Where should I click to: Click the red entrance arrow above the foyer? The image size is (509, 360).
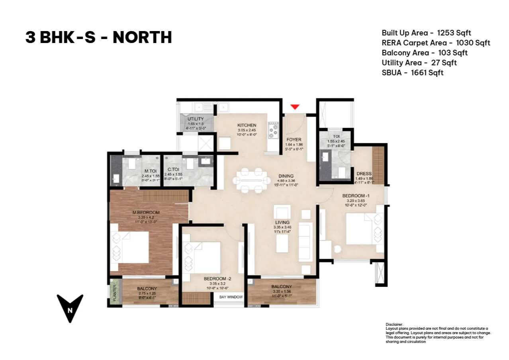295,107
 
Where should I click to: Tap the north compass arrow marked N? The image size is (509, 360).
70,307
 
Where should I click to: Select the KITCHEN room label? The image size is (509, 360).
247,125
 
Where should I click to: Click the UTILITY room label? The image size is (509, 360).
196,119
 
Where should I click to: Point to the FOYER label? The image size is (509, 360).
294,140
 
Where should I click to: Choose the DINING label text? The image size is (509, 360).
286,176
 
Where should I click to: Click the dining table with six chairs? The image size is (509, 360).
250,180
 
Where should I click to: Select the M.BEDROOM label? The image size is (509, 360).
146,212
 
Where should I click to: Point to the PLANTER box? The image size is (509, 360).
114,292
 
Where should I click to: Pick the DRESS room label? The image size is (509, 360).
364,174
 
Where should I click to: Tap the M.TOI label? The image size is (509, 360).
150,171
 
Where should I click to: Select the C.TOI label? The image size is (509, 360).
173,169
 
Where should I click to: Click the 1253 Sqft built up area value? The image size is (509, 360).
454,33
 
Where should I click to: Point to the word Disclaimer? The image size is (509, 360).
394,325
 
